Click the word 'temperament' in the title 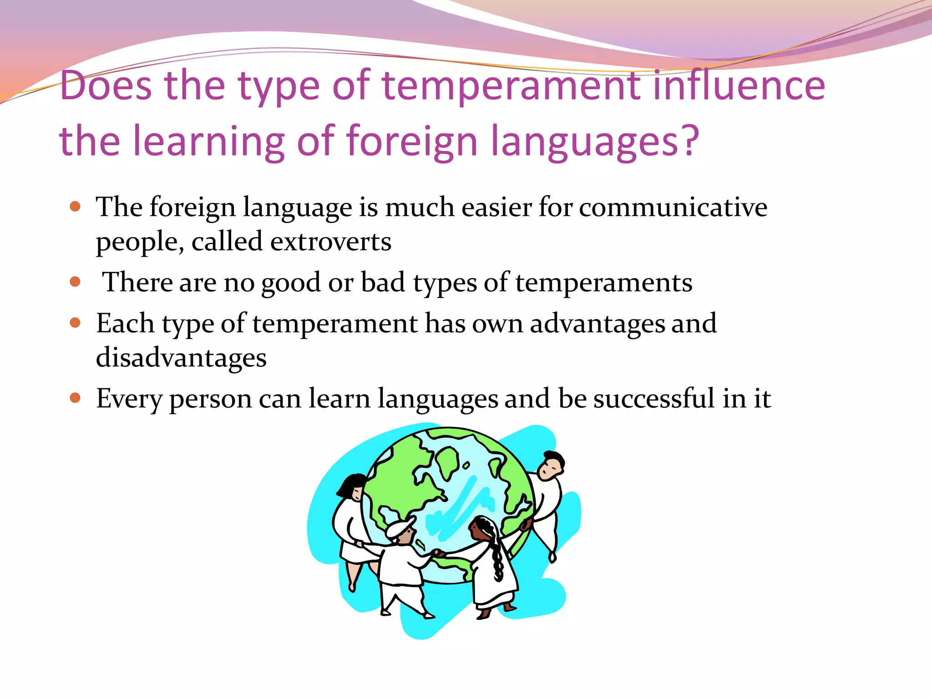point(511,86)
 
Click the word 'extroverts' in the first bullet point(330,242)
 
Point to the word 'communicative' point(673,208)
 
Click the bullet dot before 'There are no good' point(75,282)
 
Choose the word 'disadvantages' point(181,358)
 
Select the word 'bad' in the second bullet point(383,283)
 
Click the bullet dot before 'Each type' point(75,323)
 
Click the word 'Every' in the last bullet point(129,400)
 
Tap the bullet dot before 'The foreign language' point(75,207)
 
